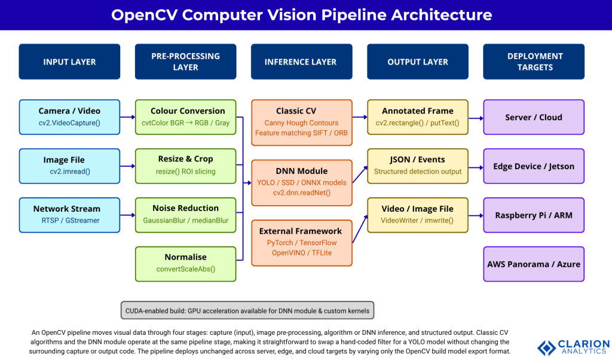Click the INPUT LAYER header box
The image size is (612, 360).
click(x=69, y=62)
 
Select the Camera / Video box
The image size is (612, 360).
click(x=69, y=117)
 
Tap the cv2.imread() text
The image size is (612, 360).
click(x=69, y=171)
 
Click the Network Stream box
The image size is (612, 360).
click(x=69, y=215)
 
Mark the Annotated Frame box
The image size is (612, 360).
click(x=417, y=117)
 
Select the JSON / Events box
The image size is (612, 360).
click(x=417, y=166)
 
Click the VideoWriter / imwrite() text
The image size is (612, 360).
click(x=417, y=220)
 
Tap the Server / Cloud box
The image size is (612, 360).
click(x=534, y=117)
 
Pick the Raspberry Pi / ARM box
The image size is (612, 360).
click(x=534, y=215)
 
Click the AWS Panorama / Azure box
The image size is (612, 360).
click(x=534, y=264)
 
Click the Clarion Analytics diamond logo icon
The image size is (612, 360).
click(x=546, y=347)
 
